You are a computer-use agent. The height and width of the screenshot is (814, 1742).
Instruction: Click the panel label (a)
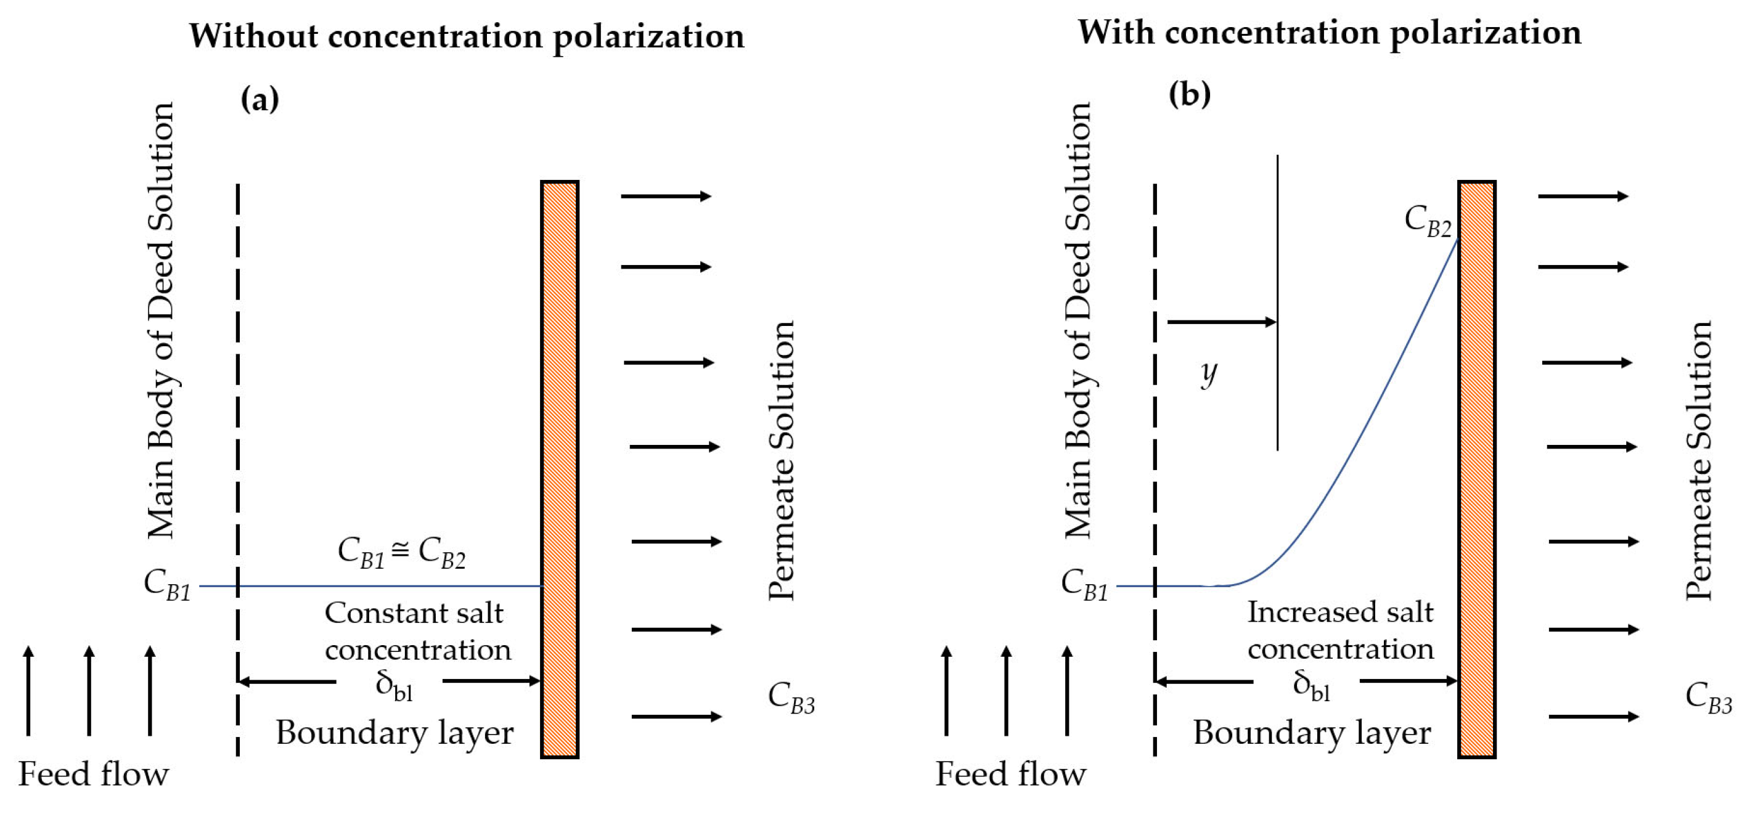click(x=260, y=100)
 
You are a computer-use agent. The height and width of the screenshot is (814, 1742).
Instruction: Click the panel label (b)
click(x=1189, y=95)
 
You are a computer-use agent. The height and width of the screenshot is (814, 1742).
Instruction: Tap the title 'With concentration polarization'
click(x=1329, y=33)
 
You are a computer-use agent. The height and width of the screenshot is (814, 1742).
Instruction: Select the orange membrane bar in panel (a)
click(x=559, y=469)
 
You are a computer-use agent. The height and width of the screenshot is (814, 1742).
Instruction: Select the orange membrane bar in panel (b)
click(x=1476, y=469)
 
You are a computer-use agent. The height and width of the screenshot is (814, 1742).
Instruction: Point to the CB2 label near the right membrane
click(x=1428, y=221)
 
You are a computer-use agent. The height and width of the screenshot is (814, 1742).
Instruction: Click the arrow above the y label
click(x=1221, y=322)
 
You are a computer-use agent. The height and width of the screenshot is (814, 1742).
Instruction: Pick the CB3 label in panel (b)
click(x=1708, y=696)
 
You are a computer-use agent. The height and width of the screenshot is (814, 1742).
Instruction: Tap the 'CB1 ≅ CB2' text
click(x=402, y=553)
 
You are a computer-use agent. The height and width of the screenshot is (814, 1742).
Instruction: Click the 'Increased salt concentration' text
click(x=1340, y=630)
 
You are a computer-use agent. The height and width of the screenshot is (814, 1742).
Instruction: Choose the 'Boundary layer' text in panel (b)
click(x=1312, y=733)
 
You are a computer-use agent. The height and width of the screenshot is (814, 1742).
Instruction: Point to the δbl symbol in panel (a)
click(x=393, y=686)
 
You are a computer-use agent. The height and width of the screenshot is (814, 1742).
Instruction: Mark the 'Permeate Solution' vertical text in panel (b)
click(x=1698, y=461)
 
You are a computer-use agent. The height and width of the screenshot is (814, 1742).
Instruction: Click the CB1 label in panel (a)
click(x=167, y=585)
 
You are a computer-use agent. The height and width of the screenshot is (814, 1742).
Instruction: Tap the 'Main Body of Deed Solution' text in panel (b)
click(x=1079, y=320)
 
